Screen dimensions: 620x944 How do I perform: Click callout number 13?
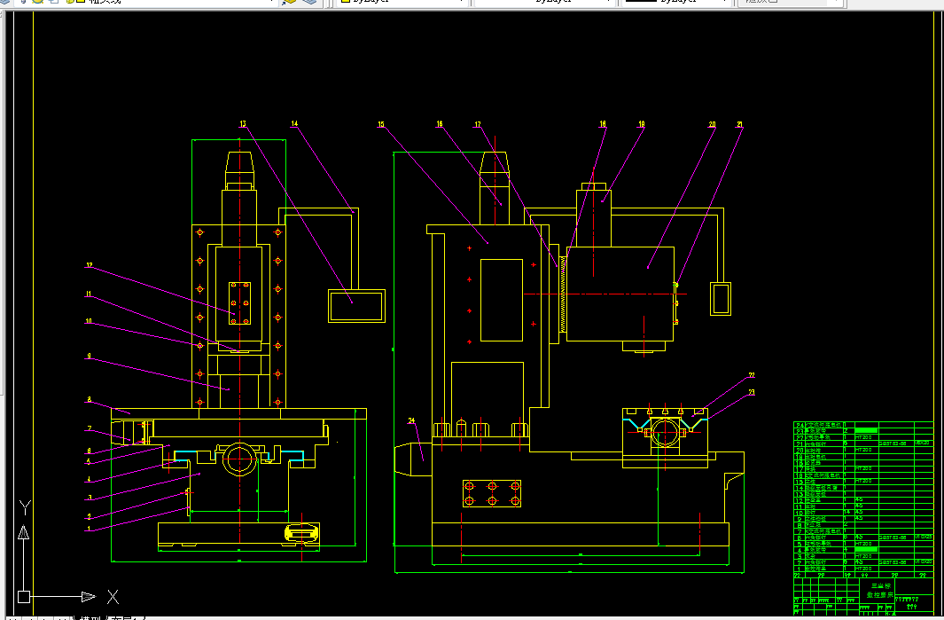243,125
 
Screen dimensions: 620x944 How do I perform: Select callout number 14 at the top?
295,125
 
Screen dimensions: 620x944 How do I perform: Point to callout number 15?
381,125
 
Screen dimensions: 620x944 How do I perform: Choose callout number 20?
712,125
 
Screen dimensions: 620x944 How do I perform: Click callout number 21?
739,125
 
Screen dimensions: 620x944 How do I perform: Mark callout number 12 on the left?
89,265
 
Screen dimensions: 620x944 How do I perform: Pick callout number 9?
89,357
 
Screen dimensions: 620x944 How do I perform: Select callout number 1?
89,530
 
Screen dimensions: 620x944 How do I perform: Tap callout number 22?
751,375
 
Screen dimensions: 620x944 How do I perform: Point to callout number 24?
411,420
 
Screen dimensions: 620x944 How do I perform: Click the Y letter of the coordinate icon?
26,508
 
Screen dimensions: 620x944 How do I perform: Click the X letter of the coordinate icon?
113,596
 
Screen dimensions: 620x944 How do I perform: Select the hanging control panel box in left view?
357,305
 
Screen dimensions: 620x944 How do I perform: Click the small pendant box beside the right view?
722,298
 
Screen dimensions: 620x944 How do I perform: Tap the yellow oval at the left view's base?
302,532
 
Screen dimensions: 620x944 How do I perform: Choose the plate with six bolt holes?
492,493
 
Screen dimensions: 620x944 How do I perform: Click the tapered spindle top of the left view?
240,164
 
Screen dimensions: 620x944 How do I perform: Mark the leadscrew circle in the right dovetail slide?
665,434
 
